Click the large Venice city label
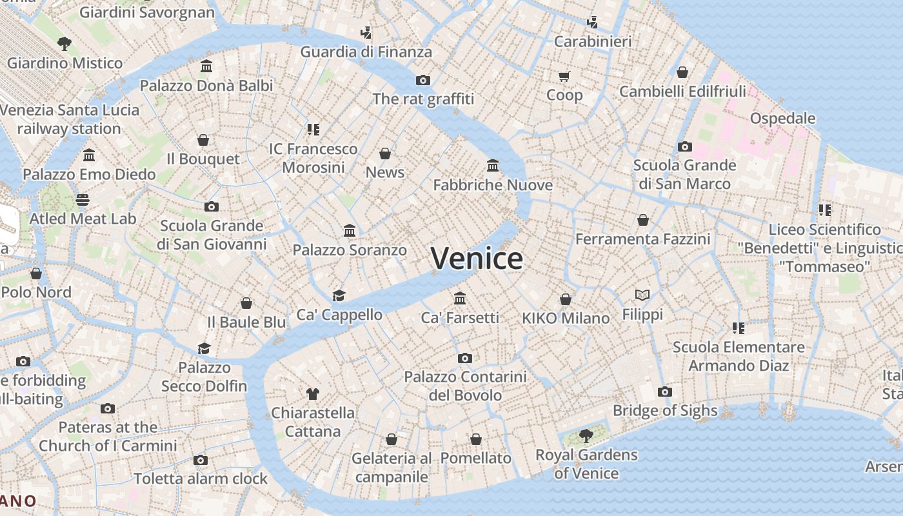[477, 259]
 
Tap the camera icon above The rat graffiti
[423, 80]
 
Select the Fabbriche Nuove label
[493, 185]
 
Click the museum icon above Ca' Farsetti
[460, 298]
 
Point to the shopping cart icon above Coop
[564, 77]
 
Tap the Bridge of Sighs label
[664, 410]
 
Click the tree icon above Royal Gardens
[586, 435]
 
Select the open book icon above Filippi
[642, 295]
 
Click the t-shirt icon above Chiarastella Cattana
[313, 393]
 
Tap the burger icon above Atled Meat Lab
[83, 200]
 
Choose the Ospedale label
[782, 119]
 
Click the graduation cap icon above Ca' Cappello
[339, 295]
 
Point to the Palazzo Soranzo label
[350, 250]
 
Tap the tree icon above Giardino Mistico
[64, 44]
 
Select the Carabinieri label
[593, 42]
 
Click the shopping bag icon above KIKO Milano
[566, 299]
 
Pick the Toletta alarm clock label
[201, 479]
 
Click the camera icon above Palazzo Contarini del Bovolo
[465, 358]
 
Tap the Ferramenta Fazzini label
[642, 239]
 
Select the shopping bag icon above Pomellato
[476, 439]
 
